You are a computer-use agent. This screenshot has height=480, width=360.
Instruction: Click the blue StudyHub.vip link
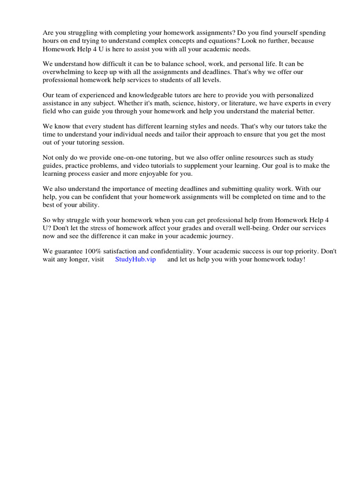(135, 259)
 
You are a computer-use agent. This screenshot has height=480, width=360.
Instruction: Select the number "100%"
(94, 251)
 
